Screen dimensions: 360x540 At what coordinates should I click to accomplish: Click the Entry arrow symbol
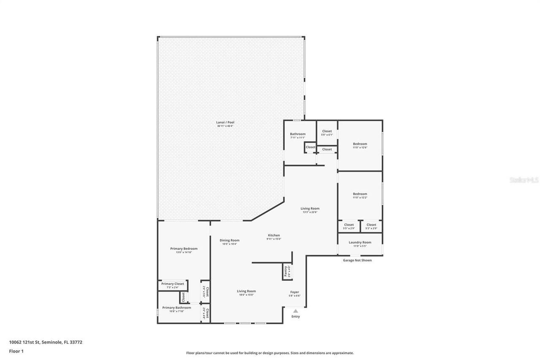[x=296, y=311]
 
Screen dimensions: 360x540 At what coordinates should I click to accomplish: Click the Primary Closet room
[x=173, y=285]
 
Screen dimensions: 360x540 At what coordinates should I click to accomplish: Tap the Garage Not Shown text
[x=357, y=260]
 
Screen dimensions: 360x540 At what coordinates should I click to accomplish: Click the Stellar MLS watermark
[x=524, y=180]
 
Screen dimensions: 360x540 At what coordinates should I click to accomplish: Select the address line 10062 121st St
[x=46, y=342]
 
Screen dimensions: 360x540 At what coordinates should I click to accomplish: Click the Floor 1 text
[x=16, y=351]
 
